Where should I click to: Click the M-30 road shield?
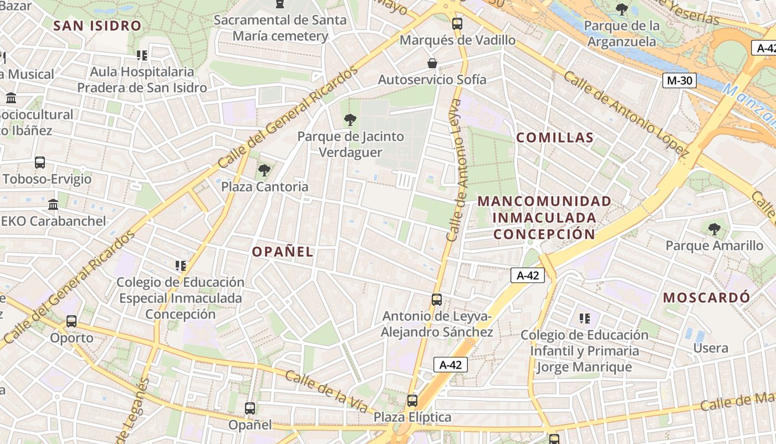pos(680,80)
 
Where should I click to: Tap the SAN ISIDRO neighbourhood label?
pos(98,26)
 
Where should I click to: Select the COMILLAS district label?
pos(555,138)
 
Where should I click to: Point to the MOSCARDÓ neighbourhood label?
pos(707,297)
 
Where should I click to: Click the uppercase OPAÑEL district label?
pos(283,251)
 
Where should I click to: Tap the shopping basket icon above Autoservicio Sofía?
pos(432,64)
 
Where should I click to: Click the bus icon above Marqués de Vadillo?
pos(457,24)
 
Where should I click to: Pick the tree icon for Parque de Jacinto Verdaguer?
pos(350,120)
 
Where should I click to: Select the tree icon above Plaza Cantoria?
pos(264,170)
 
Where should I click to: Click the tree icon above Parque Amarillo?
pos(714,229)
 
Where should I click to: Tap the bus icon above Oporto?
pos(72,321)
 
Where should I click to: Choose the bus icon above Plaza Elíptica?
pos(412,401)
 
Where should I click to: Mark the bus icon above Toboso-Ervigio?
pos(40,163)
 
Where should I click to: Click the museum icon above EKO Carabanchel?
pos(53,205)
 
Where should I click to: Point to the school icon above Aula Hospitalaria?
pos(142,56)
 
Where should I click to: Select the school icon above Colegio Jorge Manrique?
pos(584,319)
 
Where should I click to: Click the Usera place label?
pos(711,349)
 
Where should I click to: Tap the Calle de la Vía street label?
pos(327,391)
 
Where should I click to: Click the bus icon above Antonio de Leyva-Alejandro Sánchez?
pos(437,300)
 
